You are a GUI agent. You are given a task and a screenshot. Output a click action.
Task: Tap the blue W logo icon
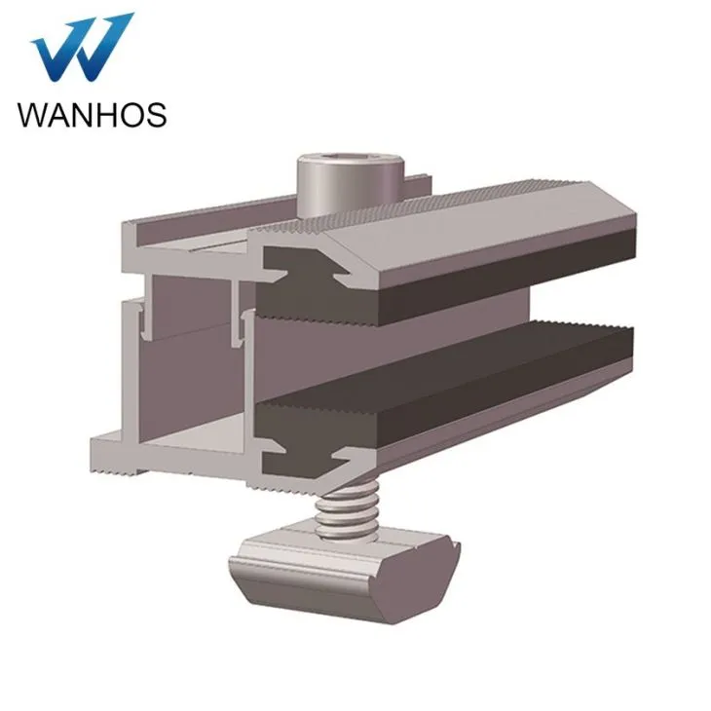(82, 49)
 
